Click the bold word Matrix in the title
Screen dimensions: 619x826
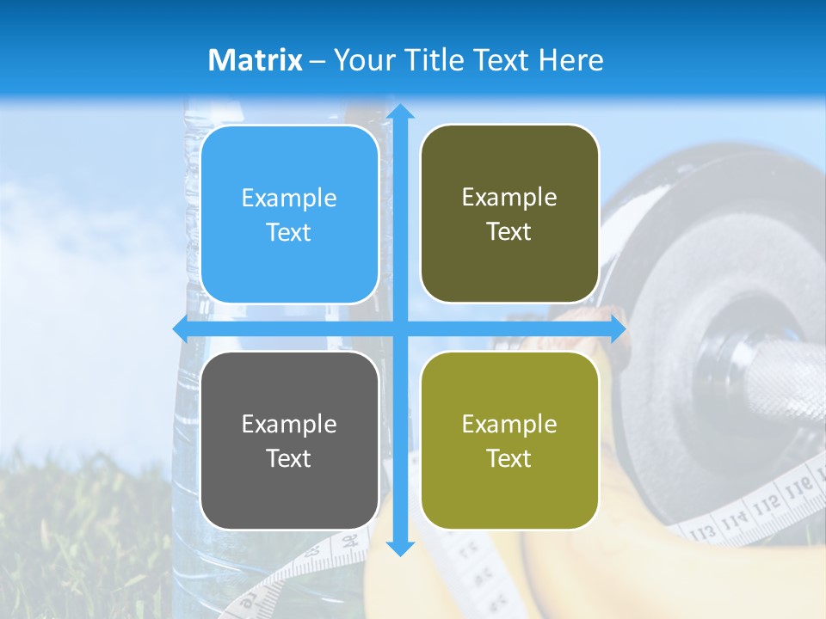(x=255, y=60)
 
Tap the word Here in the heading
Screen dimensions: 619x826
(x=572, y=60)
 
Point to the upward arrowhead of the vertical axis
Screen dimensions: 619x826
(x=399, y=112)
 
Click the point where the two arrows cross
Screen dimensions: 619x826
(x=399, y=328)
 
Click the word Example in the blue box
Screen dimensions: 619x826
(x=289, y=199)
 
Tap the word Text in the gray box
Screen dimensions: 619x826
(x=289, y=458)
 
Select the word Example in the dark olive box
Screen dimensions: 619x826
(x=509, y=198)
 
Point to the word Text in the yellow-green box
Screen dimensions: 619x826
(x=509, y=458)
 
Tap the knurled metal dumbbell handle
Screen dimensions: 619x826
(x=774, y=378)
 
